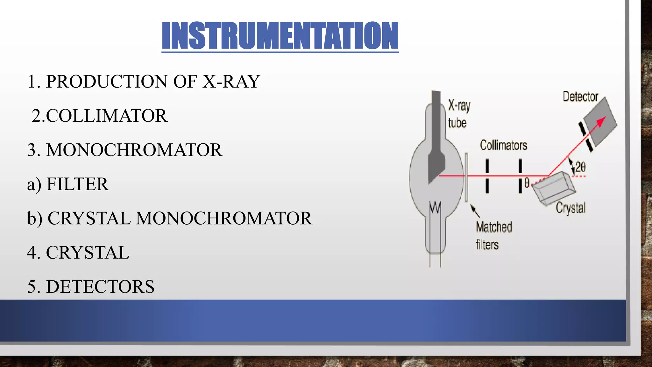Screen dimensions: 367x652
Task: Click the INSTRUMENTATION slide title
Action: pyautogui.click(x=280, y=36)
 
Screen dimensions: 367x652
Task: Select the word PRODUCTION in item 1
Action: pyautogui.click(x=107, y=82)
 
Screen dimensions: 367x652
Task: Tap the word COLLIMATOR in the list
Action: pyautogui.click(x=107, y=116)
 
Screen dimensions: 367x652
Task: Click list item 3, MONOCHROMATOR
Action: pyautogui.click(x=134, y=150)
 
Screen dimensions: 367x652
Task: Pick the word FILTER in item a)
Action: pyautogui.click(x=77, y=184)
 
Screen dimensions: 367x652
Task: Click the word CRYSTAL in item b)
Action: pyautogui.click(x=89, y=219)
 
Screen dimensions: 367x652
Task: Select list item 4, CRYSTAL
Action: pyautogui.click(x=88, y=253)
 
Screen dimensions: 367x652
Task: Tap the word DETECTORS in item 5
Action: pyautogui.click(x=100, y=287)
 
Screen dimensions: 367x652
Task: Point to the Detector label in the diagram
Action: pyautogui.click(x=580, y=97)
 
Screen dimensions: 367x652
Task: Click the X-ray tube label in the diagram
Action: pyautogui.click(x=458, y=114)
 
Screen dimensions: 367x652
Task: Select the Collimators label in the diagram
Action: pyautogui.click(x=503, y=146)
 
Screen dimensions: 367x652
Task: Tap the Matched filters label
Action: pyautogui.click(x=493, y=236)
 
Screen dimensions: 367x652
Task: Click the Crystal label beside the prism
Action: pyautogui.click(x=570, y=208)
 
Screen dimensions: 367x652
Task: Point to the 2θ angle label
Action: pyautogui.click(x=580, y=167)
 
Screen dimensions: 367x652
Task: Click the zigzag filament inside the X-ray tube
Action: pyautogui.click(x=435, y=207)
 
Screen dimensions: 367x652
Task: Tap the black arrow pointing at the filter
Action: pyautogui.click(x=475, y=211)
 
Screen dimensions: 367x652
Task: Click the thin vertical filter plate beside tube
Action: pyautogui.click(x=466, y=177)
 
